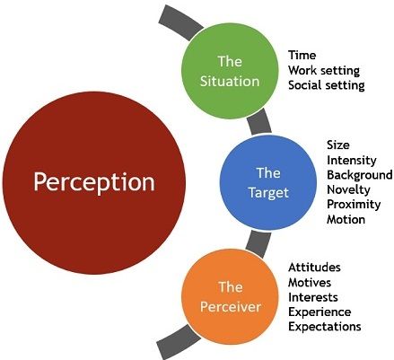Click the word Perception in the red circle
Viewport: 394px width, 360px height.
point(94,182)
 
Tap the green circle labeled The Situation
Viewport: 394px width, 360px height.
point(230,71)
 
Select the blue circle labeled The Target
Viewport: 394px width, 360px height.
point(268,182)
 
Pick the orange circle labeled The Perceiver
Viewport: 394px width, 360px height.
point(230,296)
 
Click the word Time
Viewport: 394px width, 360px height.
point(302,56)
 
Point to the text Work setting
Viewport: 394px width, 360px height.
point(324,71)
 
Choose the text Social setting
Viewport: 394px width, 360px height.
point(327,85)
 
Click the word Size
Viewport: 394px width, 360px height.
point(338,145)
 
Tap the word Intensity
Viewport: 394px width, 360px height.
point(352,161)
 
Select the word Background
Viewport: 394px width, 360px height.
point(360,175)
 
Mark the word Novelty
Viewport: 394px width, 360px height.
point(348,190)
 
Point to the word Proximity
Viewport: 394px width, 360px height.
point(354,205)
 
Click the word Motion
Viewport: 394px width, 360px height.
point(346,220)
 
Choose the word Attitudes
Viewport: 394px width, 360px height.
point(314,268)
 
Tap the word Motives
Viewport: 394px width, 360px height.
point(310,283)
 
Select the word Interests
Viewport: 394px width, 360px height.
point(313,297)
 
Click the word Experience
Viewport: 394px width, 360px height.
point(320,312)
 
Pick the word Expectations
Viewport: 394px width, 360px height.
point(325,327)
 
